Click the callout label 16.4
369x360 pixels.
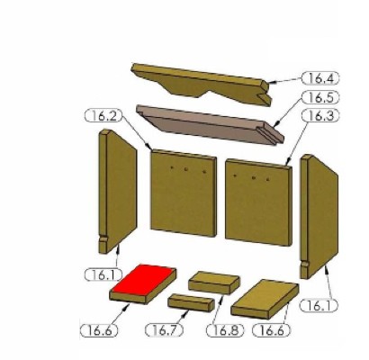click(320, 78)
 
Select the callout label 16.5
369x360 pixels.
click(320, 97)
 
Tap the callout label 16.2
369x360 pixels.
click(103, 116)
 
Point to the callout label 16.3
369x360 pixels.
click(320, 116)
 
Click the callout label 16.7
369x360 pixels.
click(164, 330)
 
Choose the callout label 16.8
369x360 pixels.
click(225, 330)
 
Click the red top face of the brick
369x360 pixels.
click(143, 280)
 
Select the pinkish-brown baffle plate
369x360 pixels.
click(210, 124)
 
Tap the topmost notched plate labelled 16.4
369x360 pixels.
click(201, 83)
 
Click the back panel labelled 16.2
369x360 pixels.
click(184, 193)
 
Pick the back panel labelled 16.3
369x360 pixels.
click(258, 202)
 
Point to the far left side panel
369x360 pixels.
click(118, 191)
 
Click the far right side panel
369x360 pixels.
click(319, 216)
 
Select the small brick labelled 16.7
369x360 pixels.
click(191, 303)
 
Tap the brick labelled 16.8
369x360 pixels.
click(214, 283)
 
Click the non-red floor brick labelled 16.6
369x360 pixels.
click(265, 299)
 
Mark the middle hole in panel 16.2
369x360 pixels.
click(186, 169)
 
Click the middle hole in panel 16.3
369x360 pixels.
click(254, 178)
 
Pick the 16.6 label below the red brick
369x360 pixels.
click(99, 330)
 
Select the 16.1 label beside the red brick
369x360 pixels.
click(103, 274)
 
